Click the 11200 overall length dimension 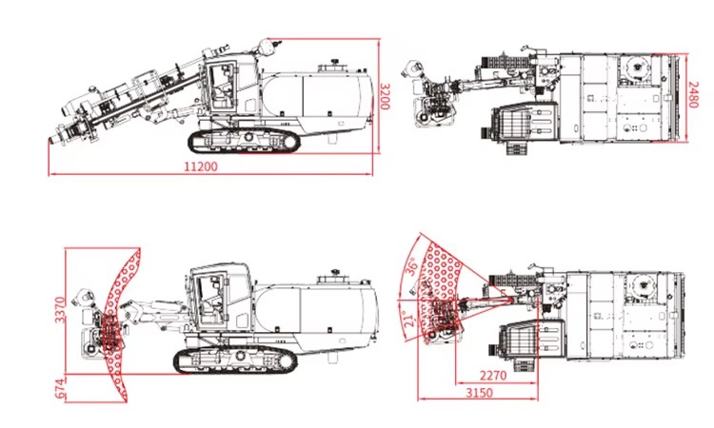tap(201, 166)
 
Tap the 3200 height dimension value tap(386, 96)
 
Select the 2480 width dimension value tap(693, 94)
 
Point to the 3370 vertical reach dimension tap(60, 309)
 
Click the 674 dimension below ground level tap(60, 388)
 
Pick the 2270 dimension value tap(493, 376)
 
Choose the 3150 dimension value tap(479, 392)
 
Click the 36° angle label tap(411, 267)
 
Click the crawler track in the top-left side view tap(244, 141)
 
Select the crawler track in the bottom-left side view tap(235, 360)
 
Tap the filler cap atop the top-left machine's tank tap(335, 61)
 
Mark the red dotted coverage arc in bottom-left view tap(120, 324)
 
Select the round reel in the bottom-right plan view tap(643, 284)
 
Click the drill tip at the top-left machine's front tap(51, 141)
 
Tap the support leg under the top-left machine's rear tap(333, 137)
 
